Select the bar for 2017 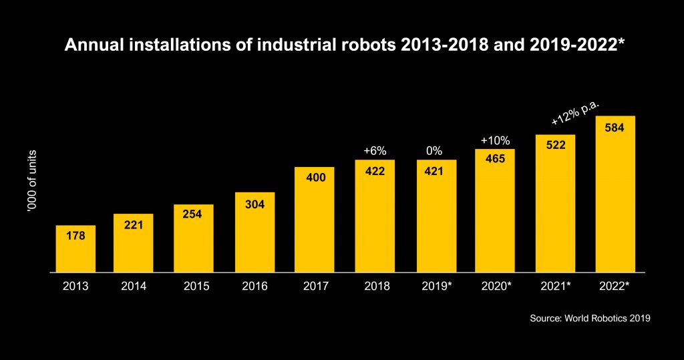pos(315,220)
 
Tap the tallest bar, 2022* pos(615,194)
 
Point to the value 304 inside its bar pos(254,204)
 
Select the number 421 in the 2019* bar pos(435,172)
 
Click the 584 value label pos(615,128)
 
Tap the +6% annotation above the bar pos(375,151)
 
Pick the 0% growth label pos(435,151)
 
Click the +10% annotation pos(495,140)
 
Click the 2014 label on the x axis pos(134,287)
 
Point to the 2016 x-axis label pos(254,287)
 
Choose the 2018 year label pos(375,287)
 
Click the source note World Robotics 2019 pos(590,319)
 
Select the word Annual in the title pos(88,46)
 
